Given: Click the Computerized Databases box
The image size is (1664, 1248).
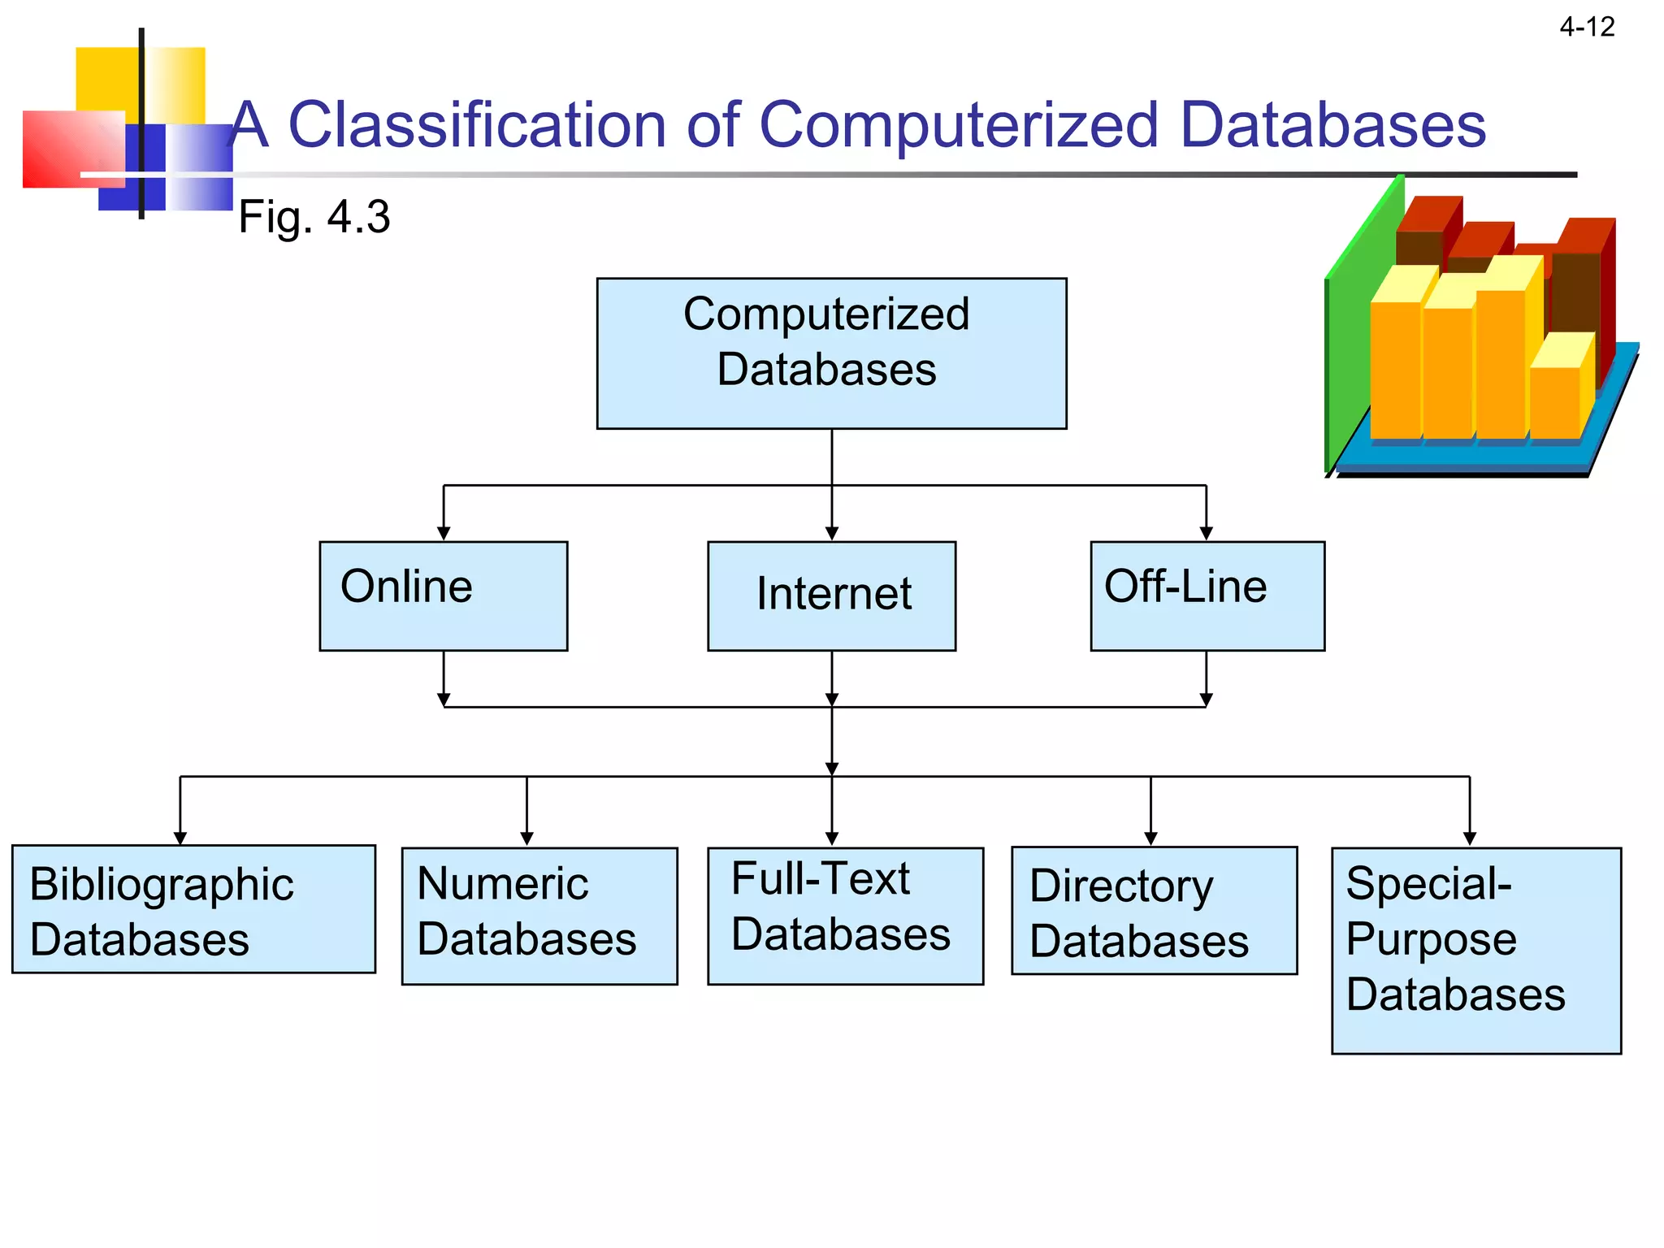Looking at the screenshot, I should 831,353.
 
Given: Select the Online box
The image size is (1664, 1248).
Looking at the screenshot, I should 443,596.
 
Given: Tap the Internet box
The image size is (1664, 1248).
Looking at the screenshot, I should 831,596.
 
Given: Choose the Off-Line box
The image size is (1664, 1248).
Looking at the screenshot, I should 1207,596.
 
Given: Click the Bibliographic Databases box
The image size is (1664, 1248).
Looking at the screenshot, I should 193,908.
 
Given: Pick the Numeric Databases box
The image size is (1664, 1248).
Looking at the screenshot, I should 539,916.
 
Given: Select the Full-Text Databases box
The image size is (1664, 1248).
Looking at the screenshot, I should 845,916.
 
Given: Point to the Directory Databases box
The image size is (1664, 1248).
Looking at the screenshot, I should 1154,910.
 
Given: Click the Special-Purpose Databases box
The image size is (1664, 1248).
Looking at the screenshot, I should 1475,951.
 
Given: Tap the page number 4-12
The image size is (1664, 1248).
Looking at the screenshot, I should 1586,28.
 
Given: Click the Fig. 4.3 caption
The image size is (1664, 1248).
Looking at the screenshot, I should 314,217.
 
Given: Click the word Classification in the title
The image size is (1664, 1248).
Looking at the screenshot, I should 477,125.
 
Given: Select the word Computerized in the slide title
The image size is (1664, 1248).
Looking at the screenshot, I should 959,125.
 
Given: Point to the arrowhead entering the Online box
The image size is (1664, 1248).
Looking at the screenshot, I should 443,533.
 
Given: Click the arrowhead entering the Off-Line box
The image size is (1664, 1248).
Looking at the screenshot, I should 1206,533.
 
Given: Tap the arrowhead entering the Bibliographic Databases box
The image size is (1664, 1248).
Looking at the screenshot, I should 180,838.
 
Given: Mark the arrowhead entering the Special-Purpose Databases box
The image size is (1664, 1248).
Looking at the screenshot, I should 1469,838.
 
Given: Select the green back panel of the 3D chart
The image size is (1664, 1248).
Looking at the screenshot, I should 1357,325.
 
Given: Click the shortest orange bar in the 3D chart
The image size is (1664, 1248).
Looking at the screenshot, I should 1553,402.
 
